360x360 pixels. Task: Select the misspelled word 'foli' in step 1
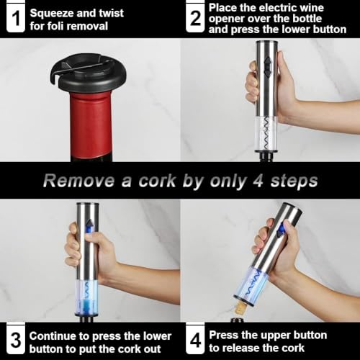(53, 26)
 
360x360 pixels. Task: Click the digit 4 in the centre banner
(258, 181)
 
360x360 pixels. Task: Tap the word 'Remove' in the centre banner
(78, 181)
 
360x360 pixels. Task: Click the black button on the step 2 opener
(267, 66)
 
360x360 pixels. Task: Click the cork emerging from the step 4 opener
(240, 309)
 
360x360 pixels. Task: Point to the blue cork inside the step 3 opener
(88, 305)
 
